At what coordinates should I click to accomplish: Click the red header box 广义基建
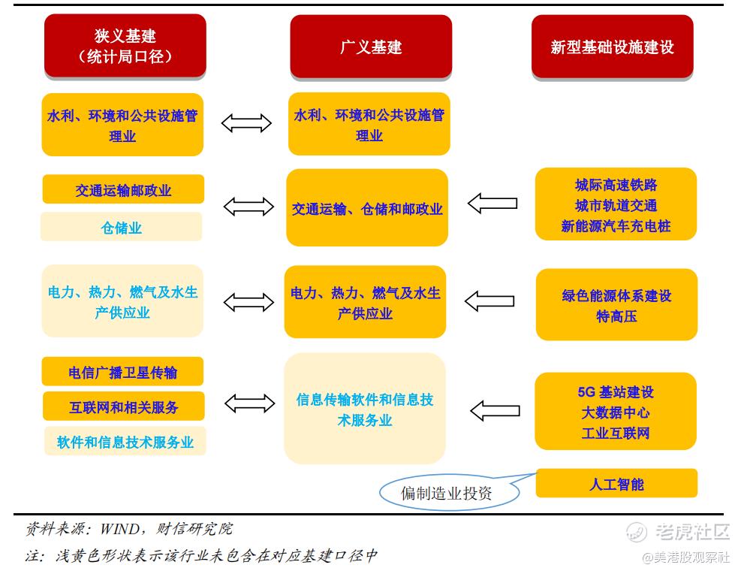coord(371,47)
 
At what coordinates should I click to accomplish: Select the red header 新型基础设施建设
coord(612,47)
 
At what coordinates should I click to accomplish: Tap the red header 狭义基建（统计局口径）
coord(125,46)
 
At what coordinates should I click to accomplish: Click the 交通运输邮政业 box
coord(123,190)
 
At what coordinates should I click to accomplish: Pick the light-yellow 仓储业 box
coord(121,227)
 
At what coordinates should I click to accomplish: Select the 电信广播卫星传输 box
coord(123,372)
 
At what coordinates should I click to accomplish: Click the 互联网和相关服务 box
coord(123,407)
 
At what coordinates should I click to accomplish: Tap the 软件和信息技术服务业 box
coord(125,442)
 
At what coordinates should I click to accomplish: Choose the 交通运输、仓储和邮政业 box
coord(367,208)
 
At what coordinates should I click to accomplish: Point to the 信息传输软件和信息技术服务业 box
coord(365,409)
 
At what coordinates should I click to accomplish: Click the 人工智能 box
coord(616,484)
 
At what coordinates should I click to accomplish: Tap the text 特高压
coord(616,316)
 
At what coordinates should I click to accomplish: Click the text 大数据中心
coord(616,412)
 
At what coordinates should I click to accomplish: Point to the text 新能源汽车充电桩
coord(616,225)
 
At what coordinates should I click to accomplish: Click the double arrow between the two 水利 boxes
coord(246,123)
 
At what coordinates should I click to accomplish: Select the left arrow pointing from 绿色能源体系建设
coord(489,301)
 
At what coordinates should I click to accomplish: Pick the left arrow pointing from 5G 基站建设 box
coord(494,410)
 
